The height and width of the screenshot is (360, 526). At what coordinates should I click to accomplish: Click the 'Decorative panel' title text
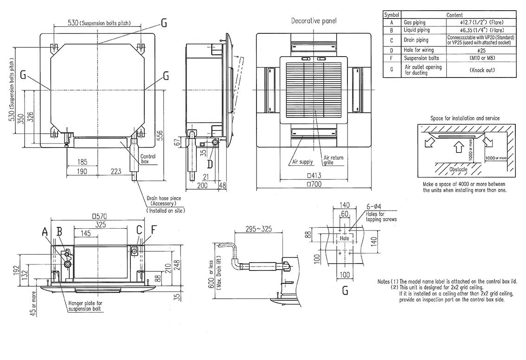pyautogui.click(x=314, y=21)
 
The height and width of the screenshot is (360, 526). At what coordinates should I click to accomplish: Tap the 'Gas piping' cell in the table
pyautogui.click(x=415, y=22)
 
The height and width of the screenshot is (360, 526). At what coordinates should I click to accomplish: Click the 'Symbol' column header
pyautogui.click(x=391, y=15)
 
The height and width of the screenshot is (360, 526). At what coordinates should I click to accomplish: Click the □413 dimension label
pyautogui.click(x=314, y=176)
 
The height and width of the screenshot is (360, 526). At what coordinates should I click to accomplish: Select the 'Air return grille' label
pyautogui.click(x=333, y=161)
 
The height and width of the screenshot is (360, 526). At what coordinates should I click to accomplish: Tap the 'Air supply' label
pyautogui.click(x=302, y=162)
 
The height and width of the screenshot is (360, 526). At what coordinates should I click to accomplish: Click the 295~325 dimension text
pyautogui.click(x=250, y=230)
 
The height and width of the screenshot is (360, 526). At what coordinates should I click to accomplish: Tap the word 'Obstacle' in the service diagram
pyautogui.click(x=458, y=169)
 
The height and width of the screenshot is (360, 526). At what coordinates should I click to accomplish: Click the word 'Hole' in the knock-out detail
pyautogui.click(x=344, y=238)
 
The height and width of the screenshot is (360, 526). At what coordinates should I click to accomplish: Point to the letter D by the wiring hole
pyautogui.click(x=210, y=163)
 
